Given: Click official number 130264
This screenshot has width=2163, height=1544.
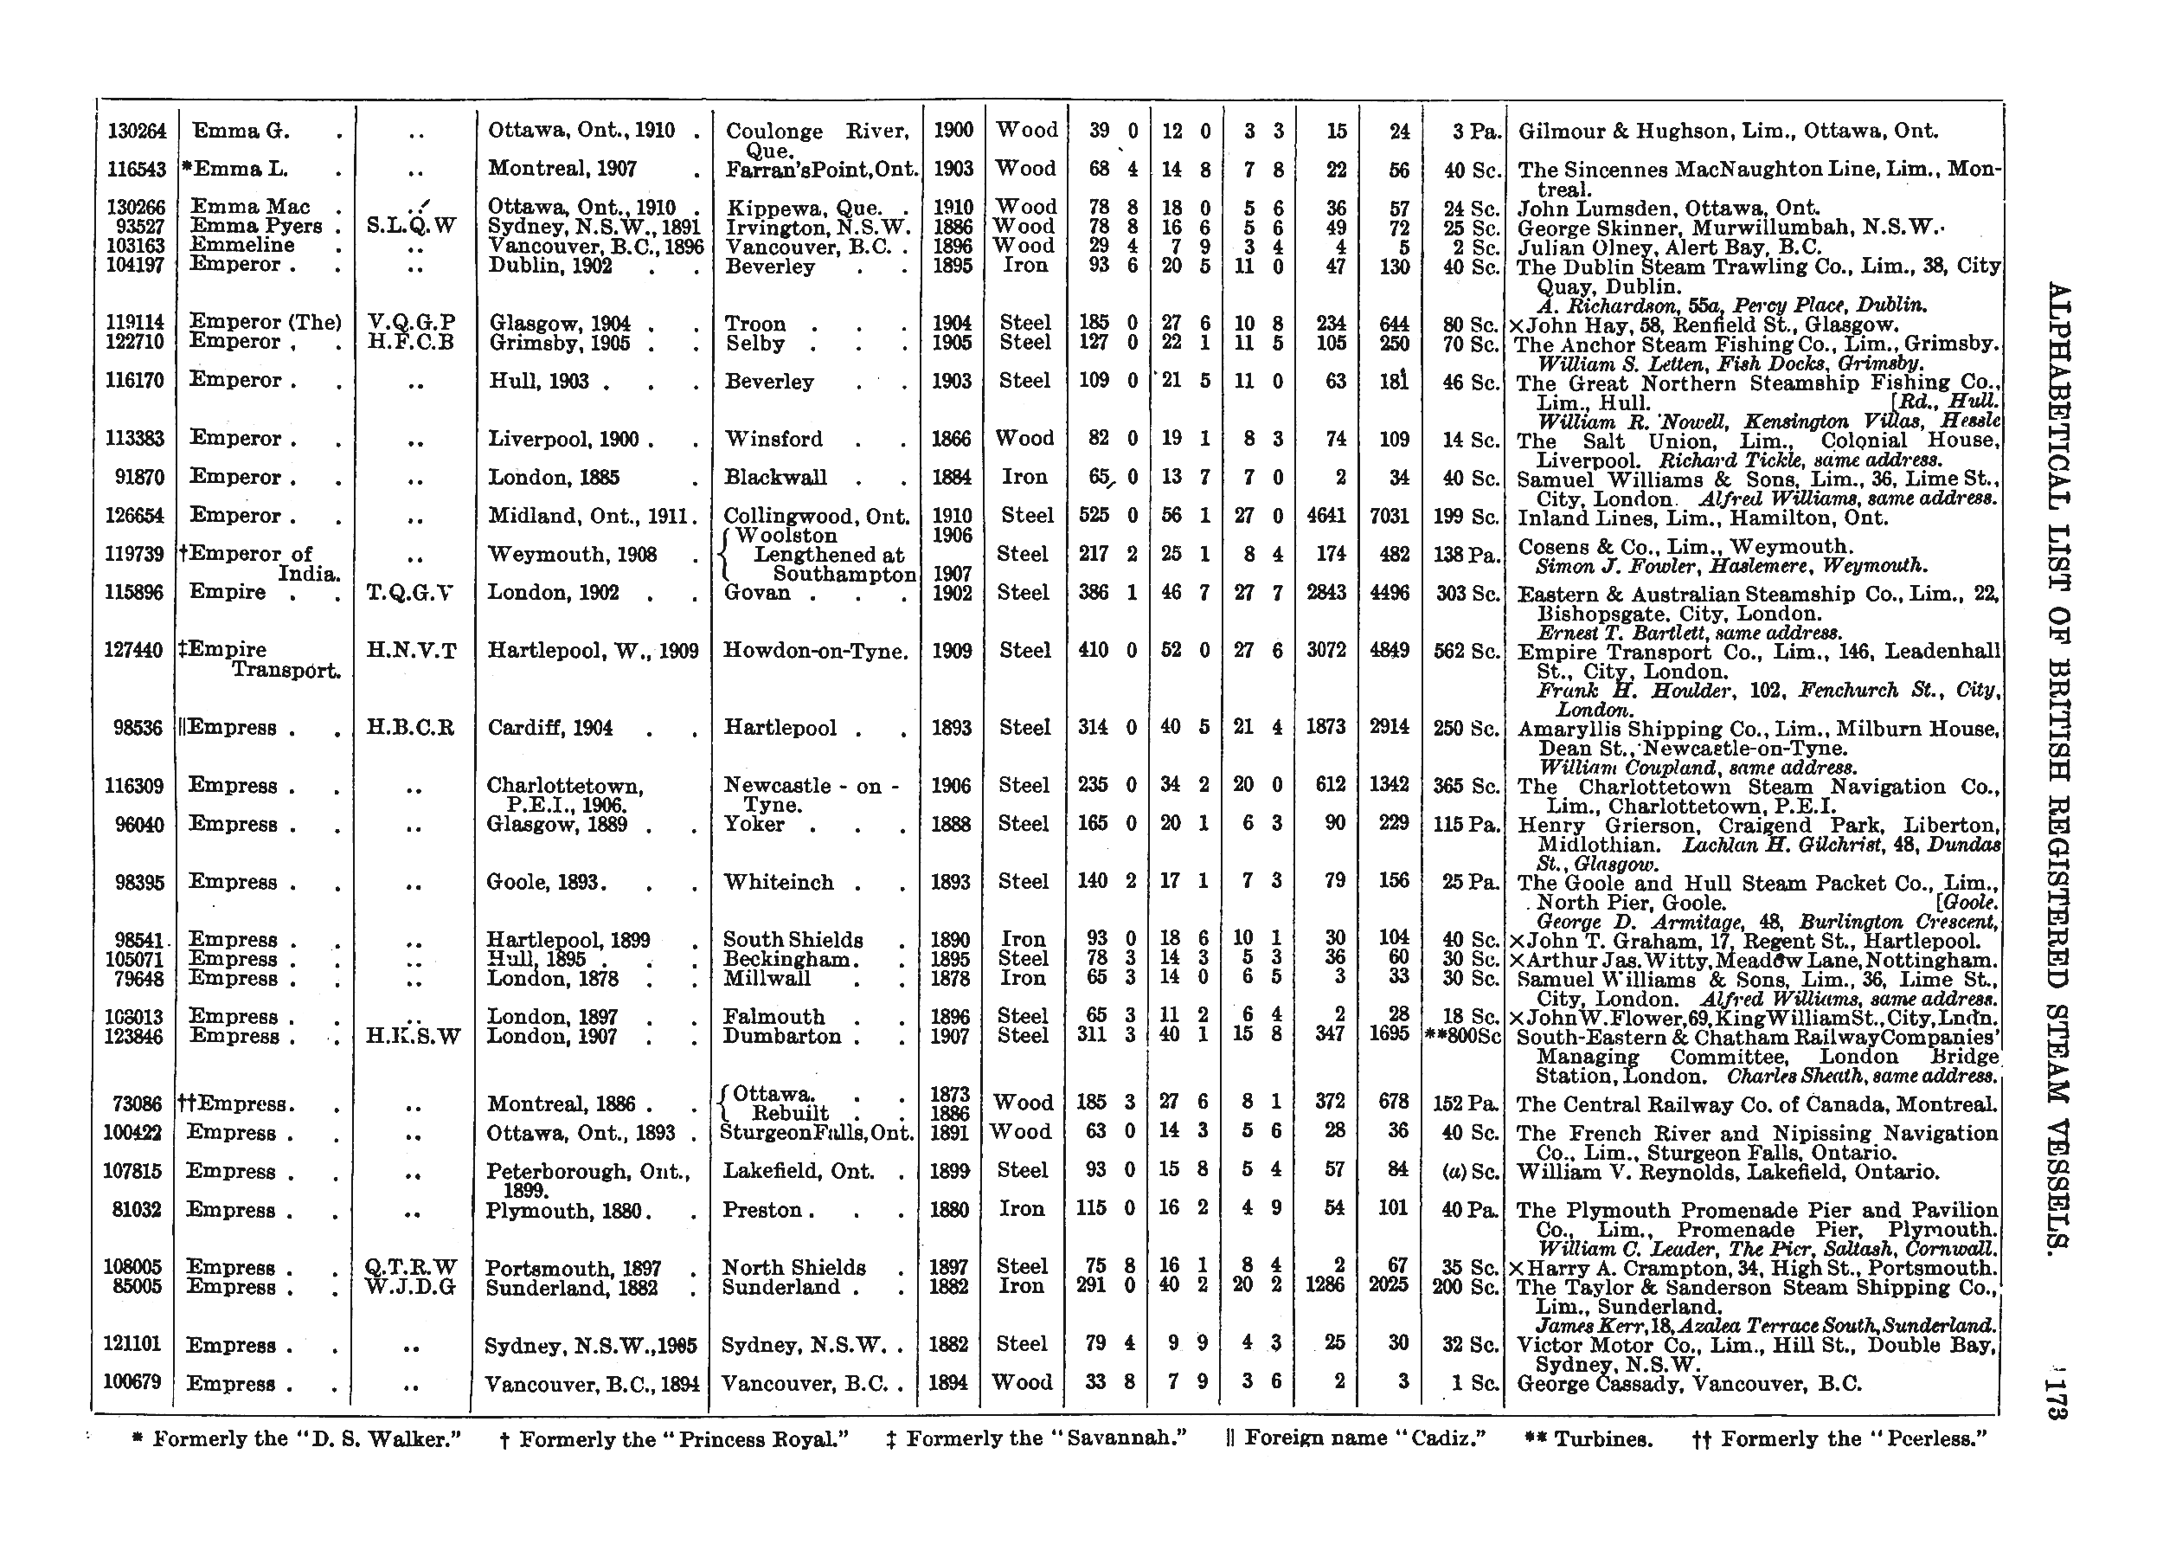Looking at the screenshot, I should (137, 132).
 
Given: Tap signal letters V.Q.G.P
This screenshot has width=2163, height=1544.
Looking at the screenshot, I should (412, 323).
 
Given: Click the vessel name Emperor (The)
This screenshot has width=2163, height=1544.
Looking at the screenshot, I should (264, 322).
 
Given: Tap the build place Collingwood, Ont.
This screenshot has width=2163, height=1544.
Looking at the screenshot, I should (815, 516).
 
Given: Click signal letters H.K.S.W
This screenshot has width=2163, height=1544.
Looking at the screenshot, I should (414, 1036).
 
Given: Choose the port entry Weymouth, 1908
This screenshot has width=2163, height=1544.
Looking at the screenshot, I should (572, 554).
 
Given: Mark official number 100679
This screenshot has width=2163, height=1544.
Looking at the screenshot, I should (135, 1382).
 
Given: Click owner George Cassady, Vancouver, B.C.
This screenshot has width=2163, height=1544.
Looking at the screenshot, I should (1689, 1384).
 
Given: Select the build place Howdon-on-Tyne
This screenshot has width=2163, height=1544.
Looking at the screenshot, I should (815, 651).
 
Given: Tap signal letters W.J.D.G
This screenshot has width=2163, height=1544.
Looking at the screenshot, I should (412, 1287).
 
